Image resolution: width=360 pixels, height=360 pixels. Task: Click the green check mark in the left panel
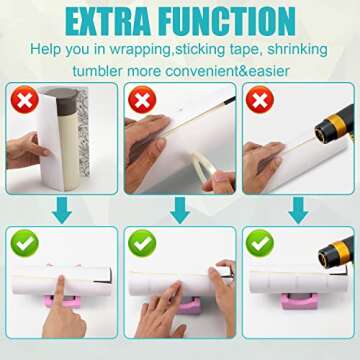point(22,243)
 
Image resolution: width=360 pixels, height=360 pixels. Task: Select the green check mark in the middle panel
point(141,243)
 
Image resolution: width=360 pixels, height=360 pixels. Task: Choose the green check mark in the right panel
point(259,243)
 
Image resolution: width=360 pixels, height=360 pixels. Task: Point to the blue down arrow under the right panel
point(297,207)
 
